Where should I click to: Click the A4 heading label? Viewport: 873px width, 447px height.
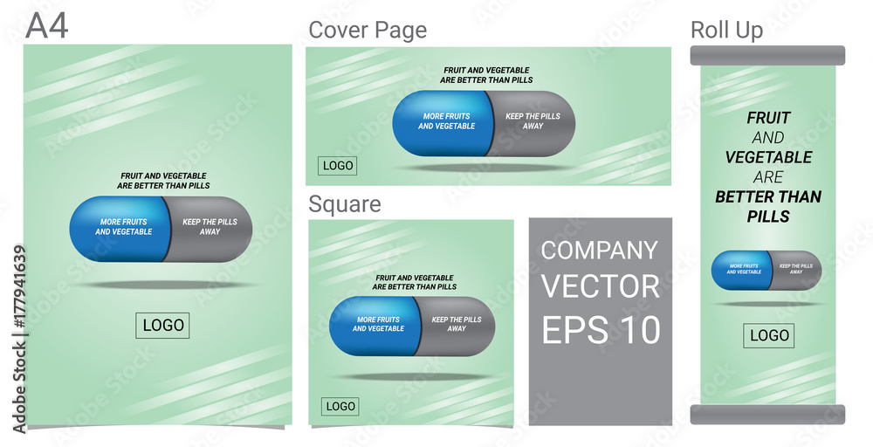coord(47,26)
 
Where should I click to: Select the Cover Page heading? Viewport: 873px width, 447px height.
coord(368,31)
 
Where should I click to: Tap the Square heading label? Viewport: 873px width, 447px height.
coord(345,204)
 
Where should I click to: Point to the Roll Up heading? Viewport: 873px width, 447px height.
coord(726,30)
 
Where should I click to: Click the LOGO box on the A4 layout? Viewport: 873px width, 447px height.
coord(162,326)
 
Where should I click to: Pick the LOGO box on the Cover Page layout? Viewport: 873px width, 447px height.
coord(337,166)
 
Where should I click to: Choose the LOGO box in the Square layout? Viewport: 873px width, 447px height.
coord(340,406)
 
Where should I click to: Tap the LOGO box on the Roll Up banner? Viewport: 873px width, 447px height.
coord(769,335)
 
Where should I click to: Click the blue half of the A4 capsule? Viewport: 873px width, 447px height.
coord(119,229)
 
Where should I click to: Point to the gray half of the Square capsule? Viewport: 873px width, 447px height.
coord(456,327)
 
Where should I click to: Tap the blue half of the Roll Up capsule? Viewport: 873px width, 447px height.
coord(741,270)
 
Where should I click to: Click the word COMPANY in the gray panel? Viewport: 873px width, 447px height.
coord(600,251)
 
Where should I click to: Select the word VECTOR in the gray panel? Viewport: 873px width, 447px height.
coord(601,286)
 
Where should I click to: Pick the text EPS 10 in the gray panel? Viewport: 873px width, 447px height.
coord(601,329)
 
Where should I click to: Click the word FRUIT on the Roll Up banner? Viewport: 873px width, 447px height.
coord(768,118)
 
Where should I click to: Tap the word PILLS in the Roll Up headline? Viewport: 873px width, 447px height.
coord(768,217)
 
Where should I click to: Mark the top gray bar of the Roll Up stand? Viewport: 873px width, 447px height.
coord(767,56)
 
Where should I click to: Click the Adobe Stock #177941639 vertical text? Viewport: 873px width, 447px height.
coord(20,339)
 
